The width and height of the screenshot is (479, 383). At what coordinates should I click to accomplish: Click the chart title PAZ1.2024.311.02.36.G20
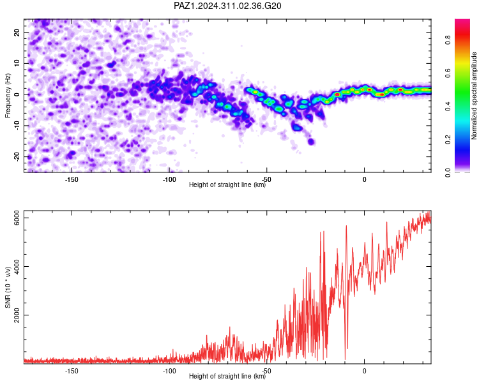pyautogui.click(x=227, y=6)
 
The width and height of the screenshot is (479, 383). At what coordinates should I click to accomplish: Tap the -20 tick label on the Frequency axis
pyautogui.click(x=17, y=157)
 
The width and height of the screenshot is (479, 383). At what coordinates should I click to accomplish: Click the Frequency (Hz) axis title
pyautogui.click(x=8, y=95)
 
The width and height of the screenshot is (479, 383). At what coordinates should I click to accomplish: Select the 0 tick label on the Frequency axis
pyautogui.click(x=17, y=94)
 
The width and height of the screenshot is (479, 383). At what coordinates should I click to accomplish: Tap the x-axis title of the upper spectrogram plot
pyautogui.click(x=227, y=184)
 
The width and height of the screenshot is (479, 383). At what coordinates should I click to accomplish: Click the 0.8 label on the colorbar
pyautogui.click(x=448, y=40)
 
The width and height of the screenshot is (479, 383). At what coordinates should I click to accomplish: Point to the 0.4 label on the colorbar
pyautogui.click(x=448, y=107)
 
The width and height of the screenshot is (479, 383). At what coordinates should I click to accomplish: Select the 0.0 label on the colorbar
pyautogui.click(x=448, y=172)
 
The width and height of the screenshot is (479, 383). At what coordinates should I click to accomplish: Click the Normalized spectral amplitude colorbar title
pyautogui.click(x=474, y=96)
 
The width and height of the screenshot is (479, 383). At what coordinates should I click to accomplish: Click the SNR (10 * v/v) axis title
pyautogui.click(x=8, y=287)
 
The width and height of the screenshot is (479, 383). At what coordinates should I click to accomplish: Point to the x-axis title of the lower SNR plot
pyautogui.click(x=227, y=376)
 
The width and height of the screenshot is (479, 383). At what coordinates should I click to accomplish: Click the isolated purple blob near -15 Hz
pyautogui.click(x=311, y=142)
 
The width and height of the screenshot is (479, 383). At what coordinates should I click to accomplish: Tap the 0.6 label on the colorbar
pyautogui.click(x=448, y=73)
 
